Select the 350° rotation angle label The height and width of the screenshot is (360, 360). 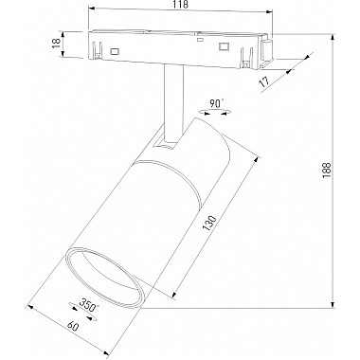click(88, 307)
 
